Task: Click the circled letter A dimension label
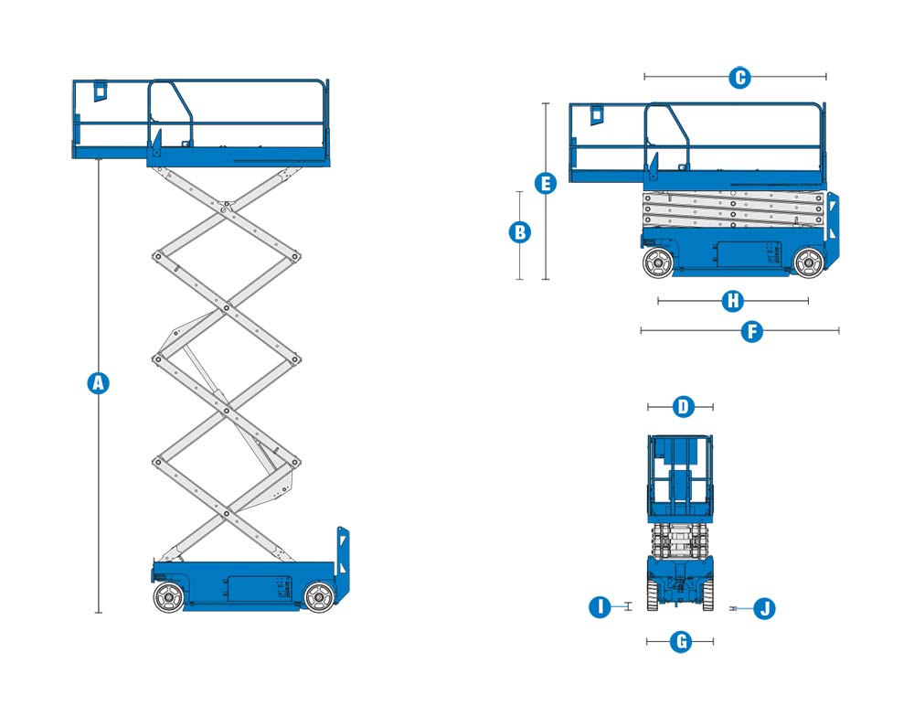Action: pyautogui.click(x=98, y=383)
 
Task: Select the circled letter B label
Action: pyautogui.click(x=519, y=232)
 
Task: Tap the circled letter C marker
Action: pyautogui.click(x=740, y=78)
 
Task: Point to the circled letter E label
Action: pyautogui.click(x=546, y=184)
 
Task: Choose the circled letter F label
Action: pyautogui.click(x=751, y=331)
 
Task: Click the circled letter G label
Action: pyautogui.click(x=680, y=642)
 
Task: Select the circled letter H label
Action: pyautogui.click(x=732, y=301)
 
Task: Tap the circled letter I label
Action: pyautogui.click(x=600, y=606)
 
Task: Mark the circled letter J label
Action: pyautogui.click(x=764, y=607)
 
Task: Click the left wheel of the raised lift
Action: pyautogui.click(x=167, y=597)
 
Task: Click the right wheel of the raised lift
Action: pyautogui.click(x=318, y=597)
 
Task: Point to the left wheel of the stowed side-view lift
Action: pyautogui.click(x=657, y=262)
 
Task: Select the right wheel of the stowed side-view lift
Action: pyautogui.click(x=809, y=262)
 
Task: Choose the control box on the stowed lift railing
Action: pyautogui.click(x=597, y=113)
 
